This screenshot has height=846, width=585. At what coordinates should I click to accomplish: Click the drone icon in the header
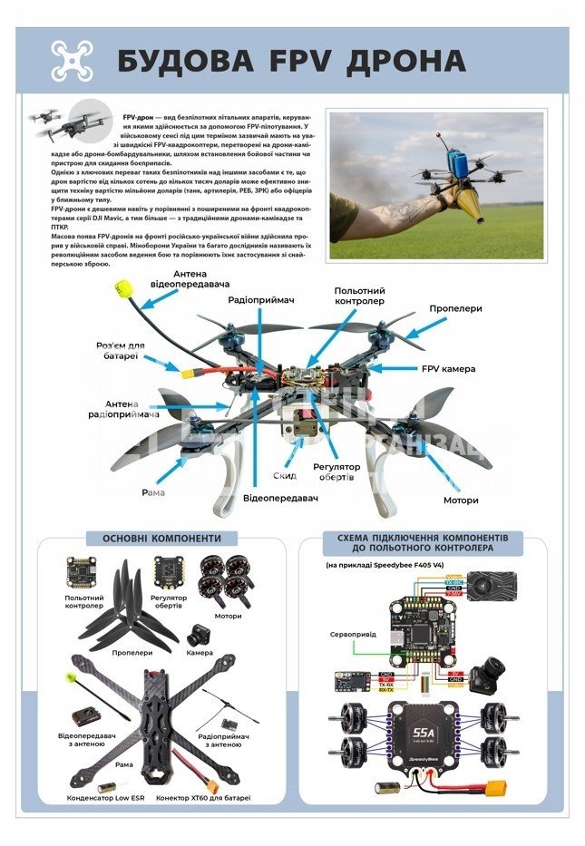click(x=72, y=60)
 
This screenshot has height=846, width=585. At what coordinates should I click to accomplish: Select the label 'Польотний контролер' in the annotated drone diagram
click(x=359, y=296)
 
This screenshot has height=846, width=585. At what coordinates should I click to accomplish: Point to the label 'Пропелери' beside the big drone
click(x=455, y=308)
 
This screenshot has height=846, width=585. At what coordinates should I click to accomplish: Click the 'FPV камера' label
click(x=448, y=369)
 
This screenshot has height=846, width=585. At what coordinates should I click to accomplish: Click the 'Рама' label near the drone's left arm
click(x=152, y=492)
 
